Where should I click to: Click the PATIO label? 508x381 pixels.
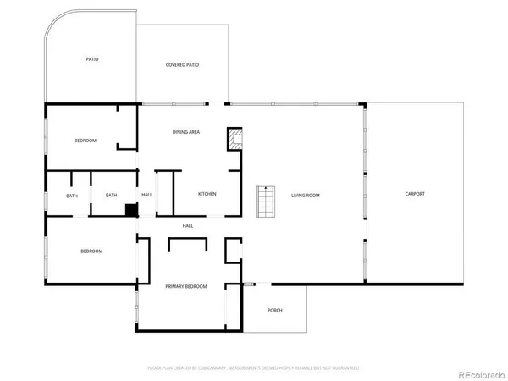coord(92,59)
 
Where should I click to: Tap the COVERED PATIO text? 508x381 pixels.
coord(182,65)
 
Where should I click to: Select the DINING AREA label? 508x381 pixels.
coord(185,132)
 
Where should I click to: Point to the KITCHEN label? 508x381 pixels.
coord(207,194)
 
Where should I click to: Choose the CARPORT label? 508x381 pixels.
coord(415,194)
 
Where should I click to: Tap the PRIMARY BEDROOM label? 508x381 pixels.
coord(185,287)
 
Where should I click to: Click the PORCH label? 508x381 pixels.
coord(275,311)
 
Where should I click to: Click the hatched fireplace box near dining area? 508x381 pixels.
coord(235,139)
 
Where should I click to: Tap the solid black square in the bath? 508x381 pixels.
coord(131,210)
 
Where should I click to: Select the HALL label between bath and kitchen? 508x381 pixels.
coord(146,195)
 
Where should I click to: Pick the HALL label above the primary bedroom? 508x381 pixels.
coord(188,225)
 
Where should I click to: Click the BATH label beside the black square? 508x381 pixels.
coord(112,196)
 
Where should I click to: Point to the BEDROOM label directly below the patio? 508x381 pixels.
coord(85,141)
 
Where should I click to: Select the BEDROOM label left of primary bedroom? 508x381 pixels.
coord(91,251)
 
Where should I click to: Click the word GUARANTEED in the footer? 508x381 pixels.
coord(345,368)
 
